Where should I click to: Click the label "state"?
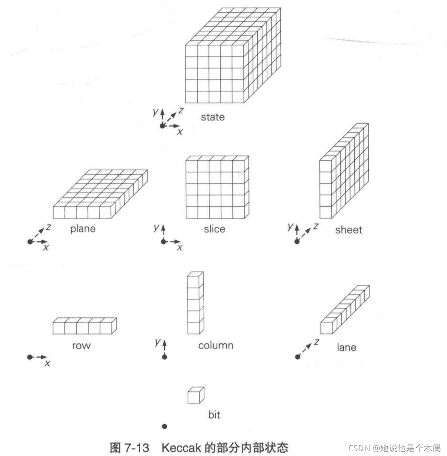pyautogui.click(x=213, y=117)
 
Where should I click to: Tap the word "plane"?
pyautogui.click(x=83, y=229)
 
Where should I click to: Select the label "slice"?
pyautogui.click(x=215, y=229)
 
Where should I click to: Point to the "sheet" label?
pyautogui.click(x=349, y=229)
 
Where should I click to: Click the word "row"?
pyautogui.click(x=81, y=345)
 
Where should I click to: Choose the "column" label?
pyautogui.click(x=216, y=345)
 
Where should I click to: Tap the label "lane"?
pyautogui.click(x=346, y=347)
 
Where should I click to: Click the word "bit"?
pyautogui.click(x=214, y=415)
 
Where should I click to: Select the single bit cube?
pyautogui.click(x=195, y=395)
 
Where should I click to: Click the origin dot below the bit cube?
pyautogui.click(x=165, y=426)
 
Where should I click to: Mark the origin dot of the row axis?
pyautogui.click(x=30, y=357)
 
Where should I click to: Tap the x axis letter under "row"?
pyautogui.click(x=47, y=364)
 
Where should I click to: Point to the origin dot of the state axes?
pyautogui.click(x=162, y=126)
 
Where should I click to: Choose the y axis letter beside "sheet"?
pyautogui.click(x=290, y=227)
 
